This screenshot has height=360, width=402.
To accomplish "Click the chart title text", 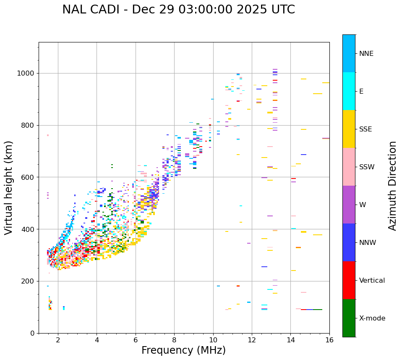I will [x=178, y=10].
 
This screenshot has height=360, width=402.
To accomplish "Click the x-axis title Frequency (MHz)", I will [x=183, y=350].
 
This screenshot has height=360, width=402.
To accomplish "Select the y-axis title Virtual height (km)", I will [x=9, y=187].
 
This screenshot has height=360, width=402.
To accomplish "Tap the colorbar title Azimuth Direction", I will [x=392, y=186].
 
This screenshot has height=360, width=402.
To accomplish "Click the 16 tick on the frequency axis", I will [x=329, y=340].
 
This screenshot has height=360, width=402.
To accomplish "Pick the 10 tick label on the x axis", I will [x=213, y=340].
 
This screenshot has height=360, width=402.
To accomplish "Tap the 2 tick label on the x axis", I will [x=58, y=340].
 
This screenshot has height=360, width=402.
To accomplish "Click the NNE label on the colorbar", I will [x=366, y=54].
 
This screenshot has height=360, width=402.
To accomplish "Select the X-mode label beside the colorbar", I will [x=372, y=318].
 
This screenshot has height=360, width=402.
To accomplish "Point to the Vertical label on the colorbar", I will [x=372, y=281].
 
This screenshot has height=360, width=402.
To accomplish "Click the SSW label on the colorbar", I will [x=367, y=167].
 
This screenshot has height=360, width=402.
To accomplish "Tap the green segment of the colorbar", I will [x=349, y=318].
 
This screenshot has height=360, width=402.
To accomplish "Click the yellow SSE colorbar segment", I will [x=349, y=129].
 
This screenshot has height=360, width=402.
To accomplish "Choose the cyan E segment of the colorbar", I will [x=349, y=91].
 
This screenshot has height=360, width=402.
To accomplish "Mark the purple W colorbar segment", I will [x=349, y=205].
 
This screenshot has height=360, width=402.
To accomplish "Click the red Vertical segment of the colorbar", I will [x=349, y=280].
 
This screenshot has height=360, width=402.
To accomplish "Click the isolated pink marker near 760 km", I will [x=48, y=135].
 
